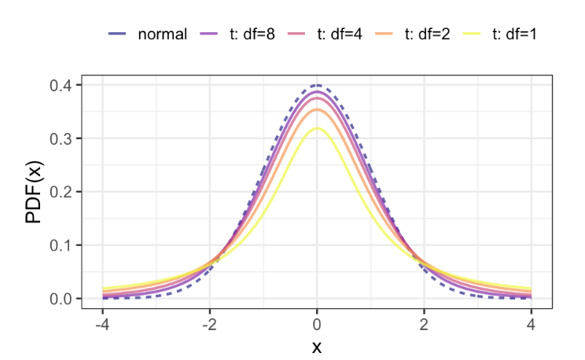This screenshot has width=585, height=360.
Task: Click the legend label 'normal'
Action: (162, 35)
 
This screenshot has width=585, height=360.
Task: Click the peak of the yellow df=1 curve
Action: (316, 128)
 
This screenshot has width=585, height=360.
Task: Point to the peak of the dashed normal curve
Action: (316, 85)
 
